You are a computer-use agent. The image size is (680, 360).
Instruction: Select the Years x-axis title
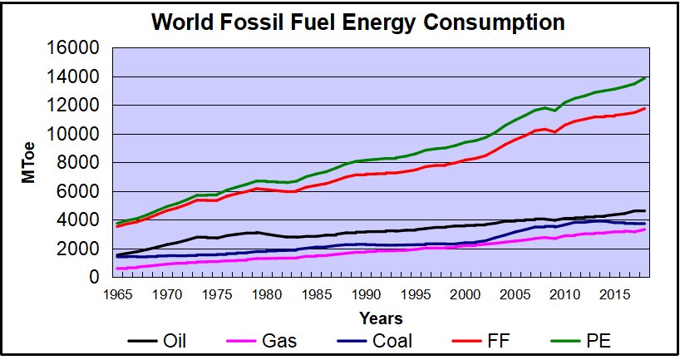(x=381, y=318)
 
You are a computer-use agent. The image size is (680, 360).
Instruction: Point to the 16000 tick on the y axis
(x=76, y=48)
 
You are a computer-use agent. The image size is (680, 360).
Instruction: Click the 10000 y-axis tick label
(x=76, y=134)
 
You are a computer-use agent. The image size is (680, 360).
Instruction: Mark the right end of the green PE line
(x=645, y=77)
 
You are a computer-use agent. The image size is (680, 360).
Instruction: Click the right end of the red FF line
(x=645, y=108)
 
